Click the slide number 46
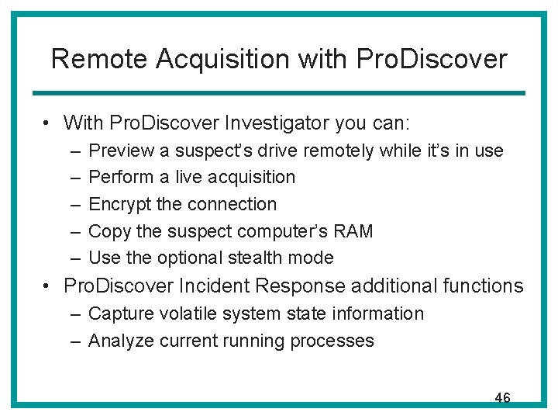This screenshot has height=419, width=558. (x=502, y=398)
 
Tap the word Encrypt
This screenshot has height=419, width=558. (x=119, y=204)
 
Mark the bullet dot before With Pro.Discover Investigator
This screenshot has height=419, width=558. (x=48, y=123)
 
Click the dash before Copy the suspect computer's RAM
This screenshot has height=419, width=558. (x=73, y=231)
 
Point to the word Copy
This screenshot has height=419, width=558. (x=106, y=231)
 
